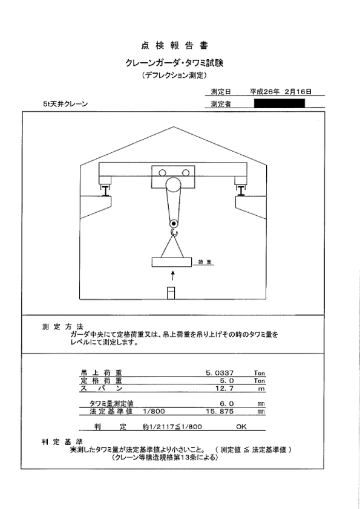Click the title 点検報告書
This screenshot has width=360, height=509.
174,46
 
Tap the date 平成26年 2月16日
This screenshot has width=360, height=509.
280,91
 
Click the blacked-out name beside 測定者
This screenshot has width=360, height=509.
280,103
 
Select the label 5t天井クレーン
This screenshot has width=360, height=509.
65,104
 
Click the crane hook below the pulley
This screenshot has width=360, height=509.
174,232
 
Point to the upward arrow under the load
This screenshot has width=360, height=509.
173,276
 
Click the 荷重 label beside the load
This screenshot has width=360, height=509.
206,262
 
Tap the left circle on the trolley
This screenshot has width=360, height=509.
163,173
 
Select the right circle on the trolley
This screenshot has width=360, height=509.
186,173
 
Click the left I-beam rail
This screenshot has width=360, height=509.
106,191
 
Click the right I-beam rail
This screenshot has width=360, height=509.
241,191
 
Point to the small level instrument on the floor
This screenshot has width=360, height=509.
171,293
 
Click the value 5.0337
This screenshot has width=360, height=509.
219,373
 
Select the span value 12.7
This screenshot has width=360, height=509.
224,388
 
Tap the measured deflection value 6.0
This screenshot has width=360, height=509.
227,403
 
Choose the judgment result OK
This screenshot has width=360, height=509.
241,427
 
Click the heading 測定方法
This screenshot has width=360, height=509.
63,326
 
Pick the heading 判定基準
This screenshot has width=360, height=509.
62,441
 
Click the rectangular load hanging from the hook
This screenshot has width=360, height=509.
172,262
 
